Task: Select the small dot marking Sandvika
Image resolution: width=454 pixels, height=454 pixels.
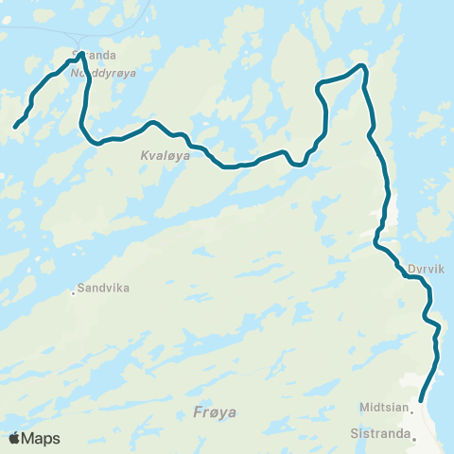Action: pos(73,292)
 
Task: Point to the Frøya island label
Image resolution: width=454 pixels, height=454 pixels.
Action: pos(214,412)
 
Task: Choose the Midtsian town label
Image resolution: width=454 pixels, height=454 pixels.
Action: pos(383,410)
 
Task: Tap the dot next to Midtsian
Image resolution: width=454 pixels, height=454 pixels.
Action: pos(412,410)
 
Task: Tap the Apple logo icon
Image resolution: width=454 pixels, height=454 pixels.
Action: pos(14,438)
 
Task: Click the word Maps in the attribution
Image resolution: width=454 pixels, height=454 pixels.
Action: pos(41,438)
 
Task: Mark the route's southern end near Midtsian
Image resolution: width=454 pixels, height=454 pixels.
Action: pos(420,401)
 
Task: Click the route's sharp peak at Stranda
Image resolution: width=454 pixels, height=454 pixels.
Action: pos(81,54)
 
